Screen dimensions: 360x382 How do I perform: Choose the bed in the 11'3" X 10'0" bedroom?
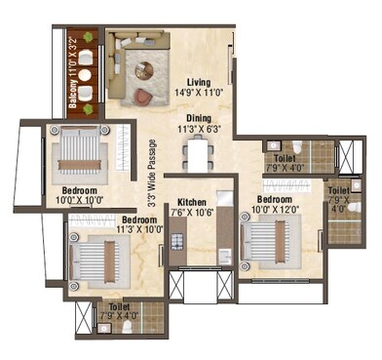tap(98, 261)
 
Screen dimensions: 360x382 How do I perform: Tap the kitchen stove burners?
tap(176, 240)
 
